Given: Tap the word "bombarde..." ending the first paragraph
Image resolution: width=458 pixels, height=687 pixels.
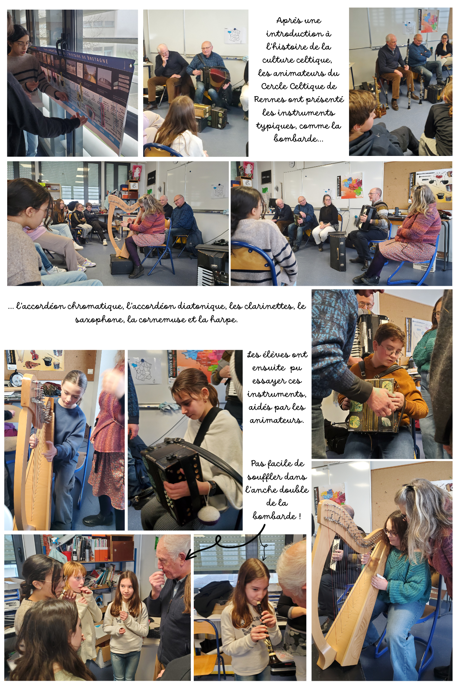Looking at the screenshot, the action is click(x=298, y=138).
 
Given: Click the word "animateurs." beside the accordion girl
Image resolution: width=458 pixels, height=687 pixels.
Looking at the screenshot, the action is click(x=277, y=420).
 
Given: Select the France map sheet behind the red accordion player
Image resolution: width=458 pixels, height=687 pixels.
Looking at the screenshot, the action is click(x=235, y=35).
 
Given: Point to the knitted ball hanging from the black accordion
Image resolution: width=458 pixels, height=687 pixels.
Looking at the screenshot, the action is click(x=208, y=514).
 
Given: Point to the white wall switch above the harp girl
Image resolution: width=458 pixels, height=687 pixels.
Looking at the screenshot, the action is click(x=90, y=371).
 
